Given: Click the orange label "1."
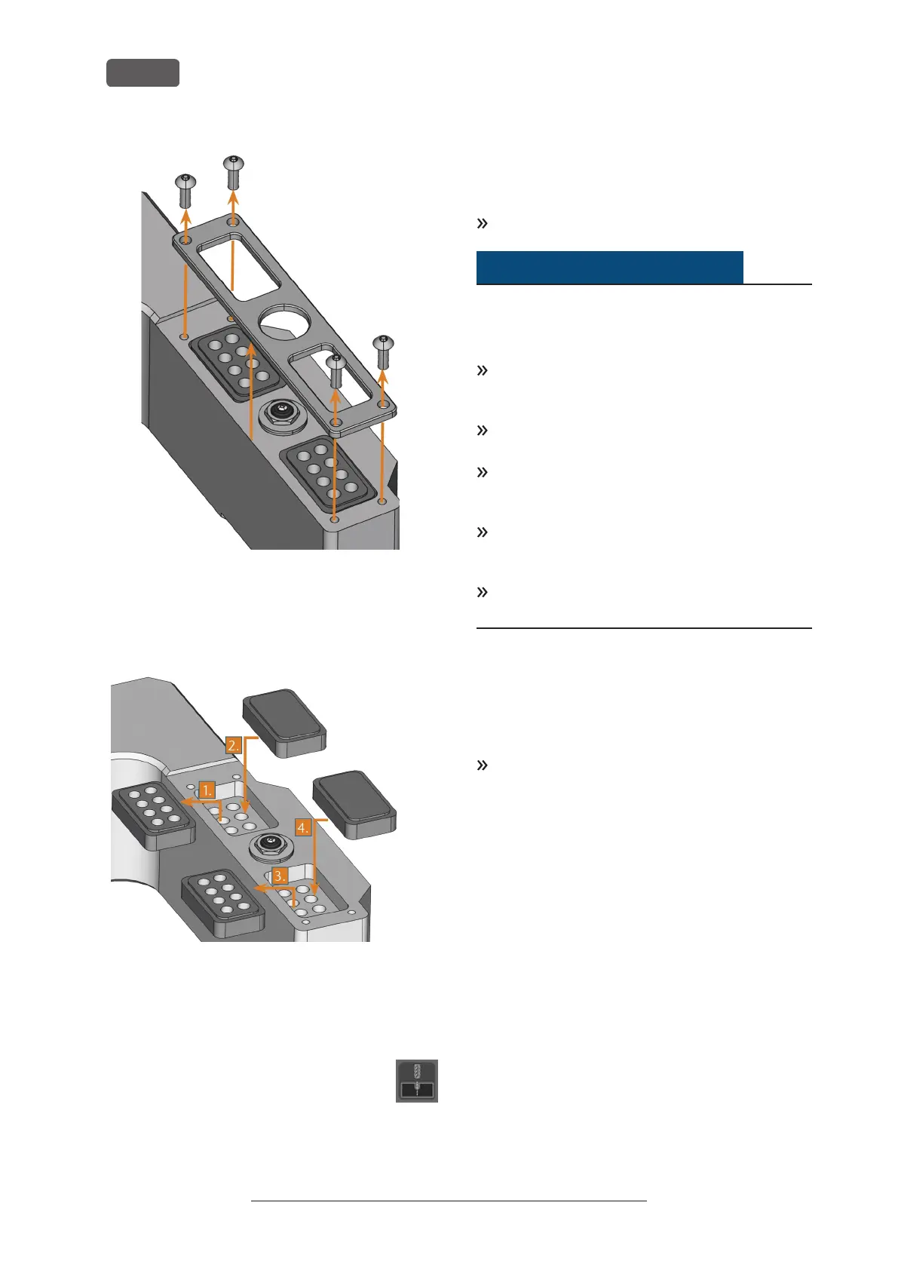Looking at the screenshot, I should click(x=207, y=790).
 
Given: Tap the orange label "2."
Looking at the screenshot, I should click(x=234, y=745).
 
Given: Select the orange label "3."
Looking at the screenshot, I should click(x=280, y=876).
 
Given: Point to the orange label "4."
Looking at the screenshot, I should click(x=303, y=827).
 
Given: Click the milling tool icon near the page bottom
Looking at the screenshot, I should click(x=417, y=1081).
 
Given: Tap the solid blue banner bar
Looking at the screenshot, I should click(x=609, y=267).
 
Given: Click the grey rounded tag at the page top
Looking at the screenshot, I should click(x=143, y=73).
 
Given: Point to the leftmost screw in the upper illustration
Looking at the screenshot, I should click(x=185, y=190).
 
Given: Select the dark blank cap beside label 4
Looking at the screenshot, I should click(x=354, y=803).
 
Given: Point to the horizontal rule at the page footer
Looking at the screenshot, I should click(x=449, y=1222).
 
